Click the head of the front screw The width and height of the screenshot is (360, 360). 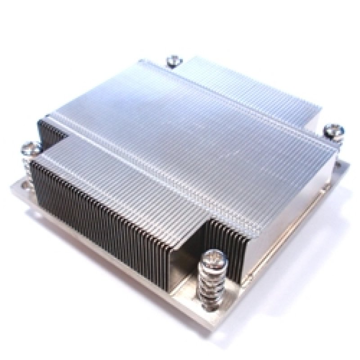[x=212, y=257]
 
